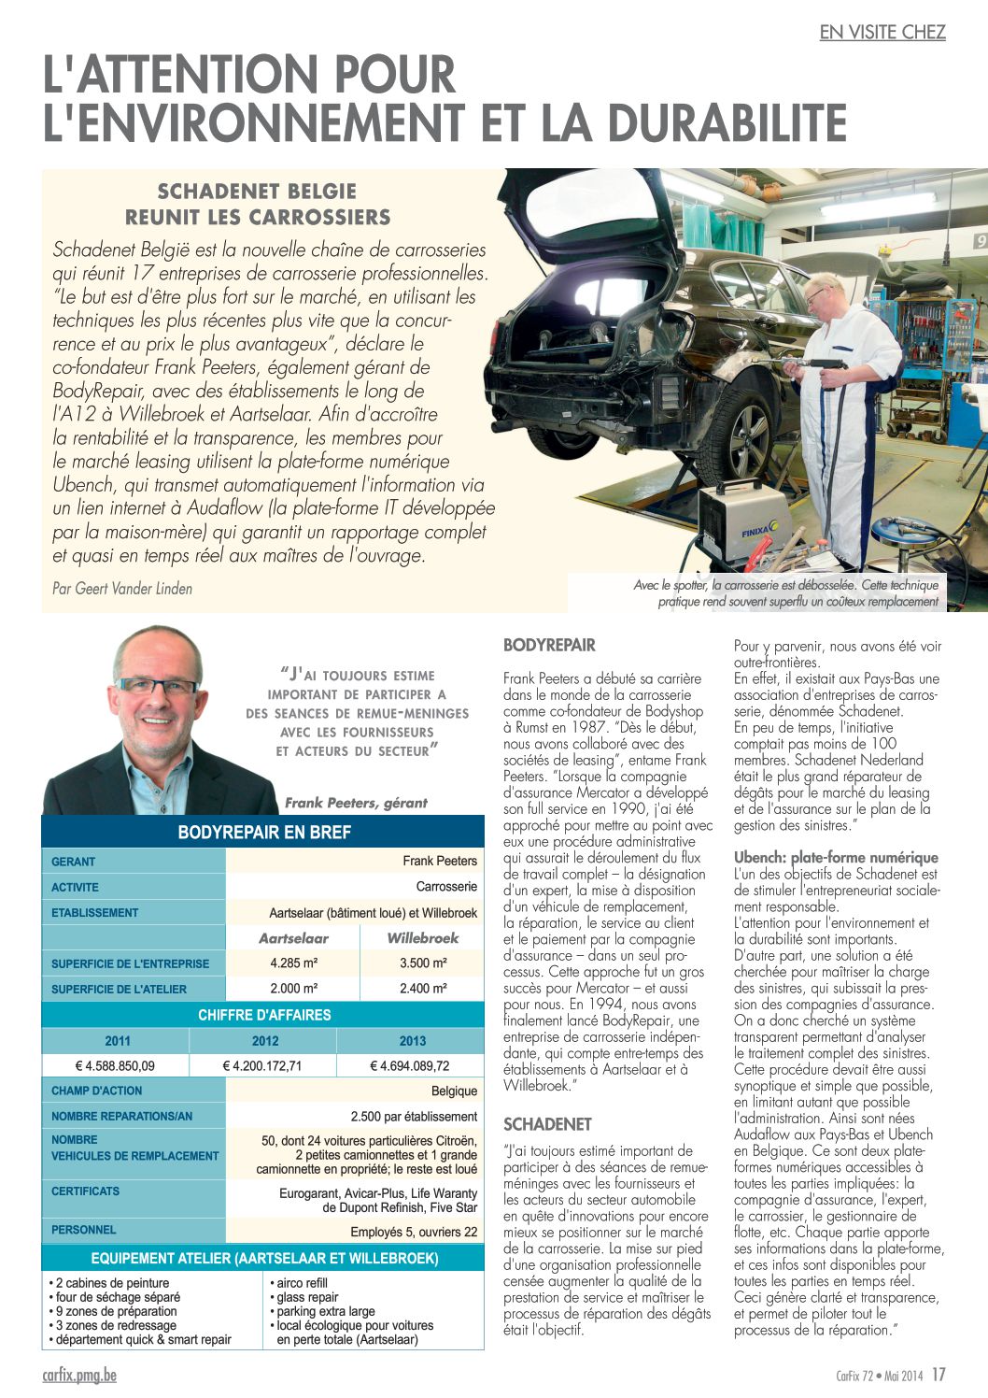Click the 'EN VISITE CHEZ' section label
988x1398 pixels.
point(882,32)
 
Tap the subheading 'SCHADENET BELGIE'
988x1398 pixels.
point(257,192)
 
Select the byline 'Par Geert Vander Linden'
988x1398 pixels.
point(122,589)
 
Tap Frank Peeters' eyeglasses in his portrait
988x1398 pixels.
point(157,685)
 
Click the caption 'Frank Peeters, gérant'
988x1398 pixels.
point(356,803)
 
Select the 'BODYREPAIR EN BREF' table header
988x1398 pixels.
point(264,833)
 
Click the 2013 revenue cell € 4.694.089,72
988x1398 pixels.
point(410,1065)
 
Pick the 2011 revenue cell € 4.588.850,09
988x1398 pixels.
point(116,1065)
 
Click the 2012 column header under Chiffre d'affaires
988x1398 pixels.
point(265,1041)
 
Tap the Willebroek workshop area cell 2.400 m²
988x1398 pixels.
point(422,988)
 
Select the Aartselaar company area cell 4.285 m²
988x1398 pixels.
point(293,963)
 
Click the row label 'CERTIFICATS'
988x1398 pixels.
point(86,1191)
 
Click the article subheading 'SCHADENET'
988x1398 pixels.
point(547,1124)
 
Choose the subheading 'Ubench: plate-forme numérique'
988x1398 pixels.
point(836,857)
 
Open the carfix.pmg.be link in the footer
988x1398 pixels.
point(79,1375)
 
